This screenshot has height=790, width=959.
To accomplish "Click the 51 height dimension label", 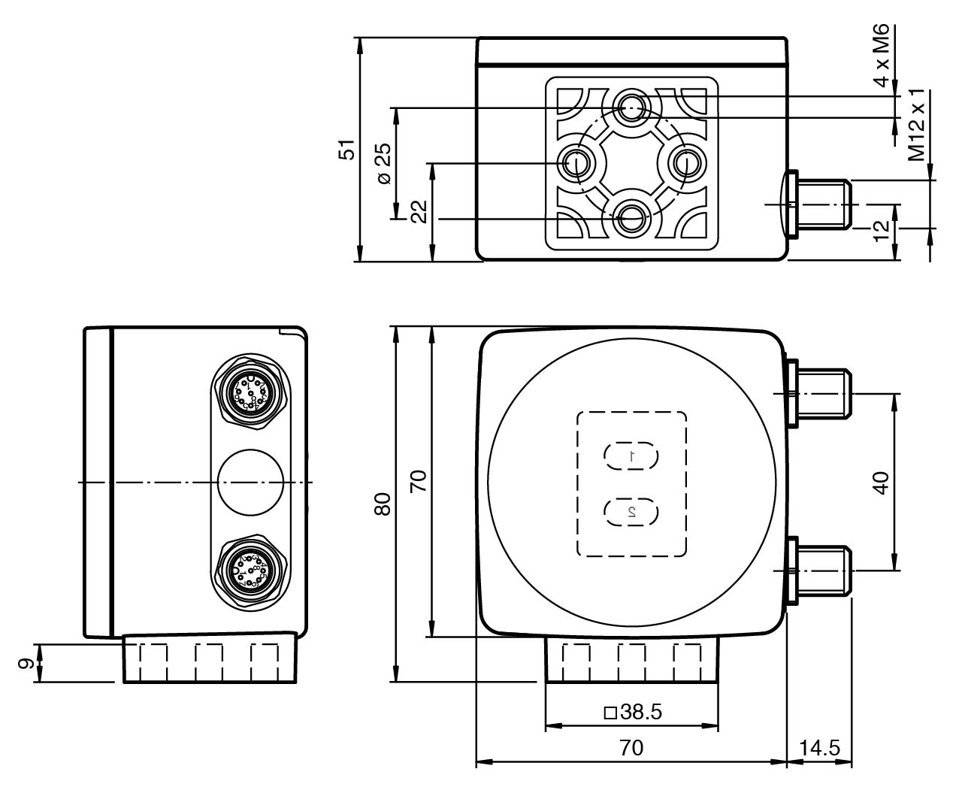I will click(346, 149).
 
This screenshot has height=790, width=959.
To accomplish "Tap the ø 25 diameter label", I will click(383, 163).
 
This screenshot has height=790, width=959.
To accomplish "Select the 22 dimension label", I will click(419, 211).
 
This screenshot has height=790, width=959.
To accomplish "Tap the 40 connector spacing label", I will click(881, 481).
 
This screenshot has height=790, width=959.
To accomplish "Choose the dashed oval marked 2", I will click(631, 511).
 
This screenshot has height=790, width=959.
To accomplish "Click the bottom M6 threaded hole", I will click(631, 219).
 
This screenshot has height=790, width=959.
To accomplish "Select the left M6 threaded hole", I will click(576, 162).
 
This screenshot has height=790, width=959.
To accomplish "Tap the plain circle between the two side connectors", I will click(250, 483).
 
